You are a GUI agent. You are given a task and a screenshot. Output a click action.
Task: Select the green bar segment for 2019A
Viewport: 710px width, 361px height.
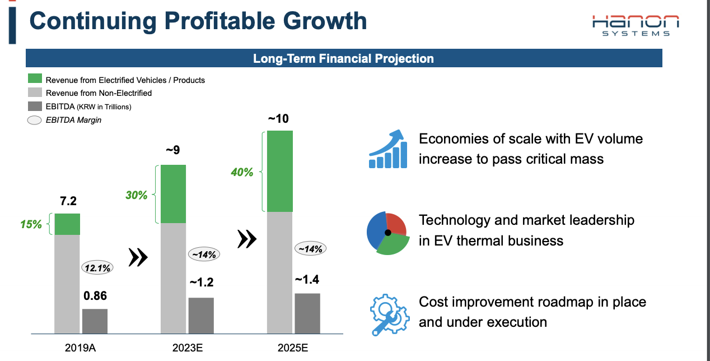(67, 224)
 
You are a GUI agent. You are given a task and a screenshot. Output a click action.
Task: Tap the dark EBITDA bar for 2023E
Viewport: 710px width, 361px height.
(201, 316)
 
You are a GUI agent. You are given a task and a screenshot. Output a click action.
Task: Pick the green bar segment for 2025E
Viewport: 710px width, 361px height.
(280, 171)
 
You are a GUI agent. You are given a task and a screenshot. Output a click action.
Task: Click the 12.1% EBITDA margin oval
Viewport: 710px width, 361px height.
(97, 268)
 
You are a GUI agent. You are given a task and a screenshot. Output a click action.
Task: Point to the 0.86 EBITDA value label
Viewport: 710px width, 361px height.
(95, 295)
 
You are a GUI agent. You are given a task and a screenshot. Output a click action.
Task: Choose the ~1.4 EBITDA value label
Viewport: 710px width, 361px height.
(307, 280)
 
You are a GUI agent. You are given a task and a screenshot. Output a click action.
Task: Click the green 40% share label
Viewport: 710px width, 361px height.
(242, 172)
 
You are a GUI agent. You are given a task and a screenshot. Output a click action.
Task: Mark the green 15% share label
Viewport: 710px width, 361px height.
(31, 224)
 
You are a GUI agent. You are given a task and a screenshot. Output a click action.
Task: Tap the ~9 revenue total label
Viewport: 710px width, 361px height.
(173, 150)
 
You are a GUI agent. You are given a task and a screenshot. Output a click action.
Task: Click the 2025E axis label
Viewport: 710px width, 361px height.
(293, 348)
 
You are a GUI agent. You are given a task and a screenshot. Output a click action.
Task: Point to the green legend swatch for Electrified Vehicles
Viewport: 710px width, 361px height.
(35, 80)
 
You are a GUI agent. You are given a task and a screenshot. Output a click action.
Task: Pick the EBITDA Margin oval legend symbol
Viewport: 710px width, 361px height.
(35, 119)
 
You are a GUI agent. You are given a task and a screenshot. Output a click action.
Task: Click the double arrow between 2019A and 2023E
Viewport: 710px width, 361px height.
(138, 257)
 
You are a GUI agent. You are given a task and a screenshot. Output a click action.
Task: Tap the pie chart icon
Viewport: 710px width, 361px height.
(386, 233)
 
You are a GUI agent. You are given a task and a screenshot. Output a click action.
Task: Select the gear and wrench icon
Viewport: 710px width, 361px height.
(387, 314)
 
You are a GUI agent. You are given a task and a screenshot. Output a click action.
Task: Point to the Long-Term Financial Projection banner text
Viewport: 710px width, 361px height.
(343, 58)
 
